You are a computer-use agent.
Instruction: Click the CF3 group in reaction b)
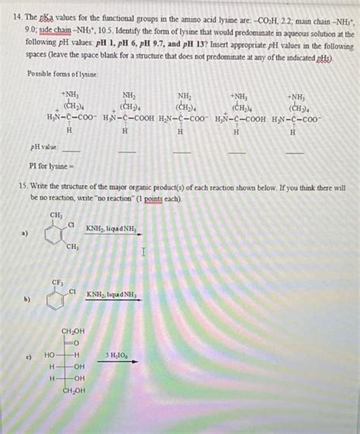pos(55,282)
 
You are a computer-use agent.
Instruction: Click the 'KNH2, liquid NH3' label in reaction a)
pos(112,228)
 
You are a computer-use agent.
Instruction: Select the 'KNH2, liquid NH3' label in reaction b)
pos(112,294)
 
